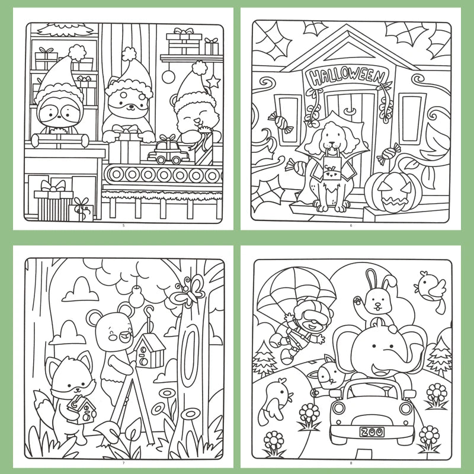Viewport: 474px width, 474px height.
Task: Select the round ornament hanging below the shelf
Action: [168, 76]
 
